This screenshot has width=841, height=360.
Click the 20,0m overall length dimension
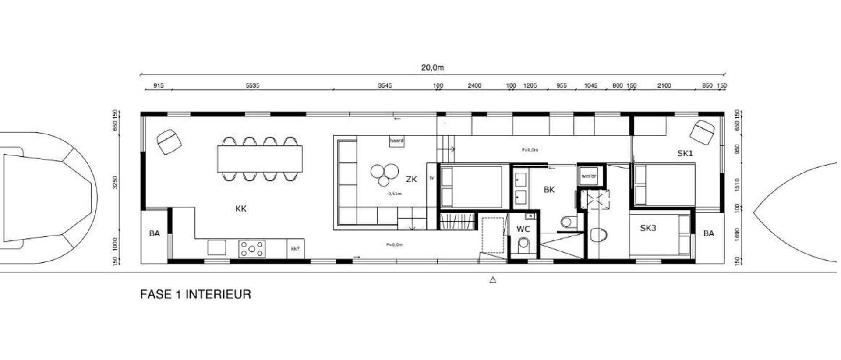pos(432,67)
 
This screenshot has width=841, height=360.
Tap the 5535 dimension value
pos(252,86)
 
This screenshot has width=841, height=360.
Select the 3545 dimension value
pos(385,86)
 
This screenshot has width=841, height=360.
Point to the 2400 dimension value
pos(474,86)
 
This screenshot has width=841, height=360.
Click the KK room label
pos(241,209)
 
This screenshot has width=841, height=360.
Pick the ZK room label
pos(411,179)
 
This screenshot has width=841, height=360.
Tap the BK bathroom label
pos(549,190)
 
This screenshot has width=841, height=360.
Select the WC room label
pos(523,229)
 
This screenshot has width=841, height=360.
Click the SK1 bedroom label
pos(685,154)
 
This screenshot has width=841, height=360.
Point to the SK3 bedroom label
pos(648,228)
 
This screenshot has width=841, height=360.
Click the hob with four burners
pos(252,249)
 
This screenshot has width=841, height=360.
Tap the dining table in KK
pos(260,159)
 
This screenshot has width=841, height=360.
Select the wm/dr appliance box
pos(589,176)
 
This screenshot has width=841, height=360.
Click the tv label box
pos(431,178)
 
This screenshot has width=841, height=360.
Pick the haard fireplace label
pos(396,141)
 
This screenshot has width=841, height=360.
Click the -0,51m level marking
pos(394,194)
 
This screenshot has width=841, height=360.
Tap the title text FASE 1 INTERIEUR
pos(195,294)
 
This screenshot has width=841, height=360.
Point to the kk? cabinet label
pos(295,249)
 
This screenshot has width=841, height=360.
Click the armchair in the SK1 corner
pos(703,132)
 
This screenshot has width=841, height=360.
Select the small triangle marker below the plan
pos(493,280)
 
